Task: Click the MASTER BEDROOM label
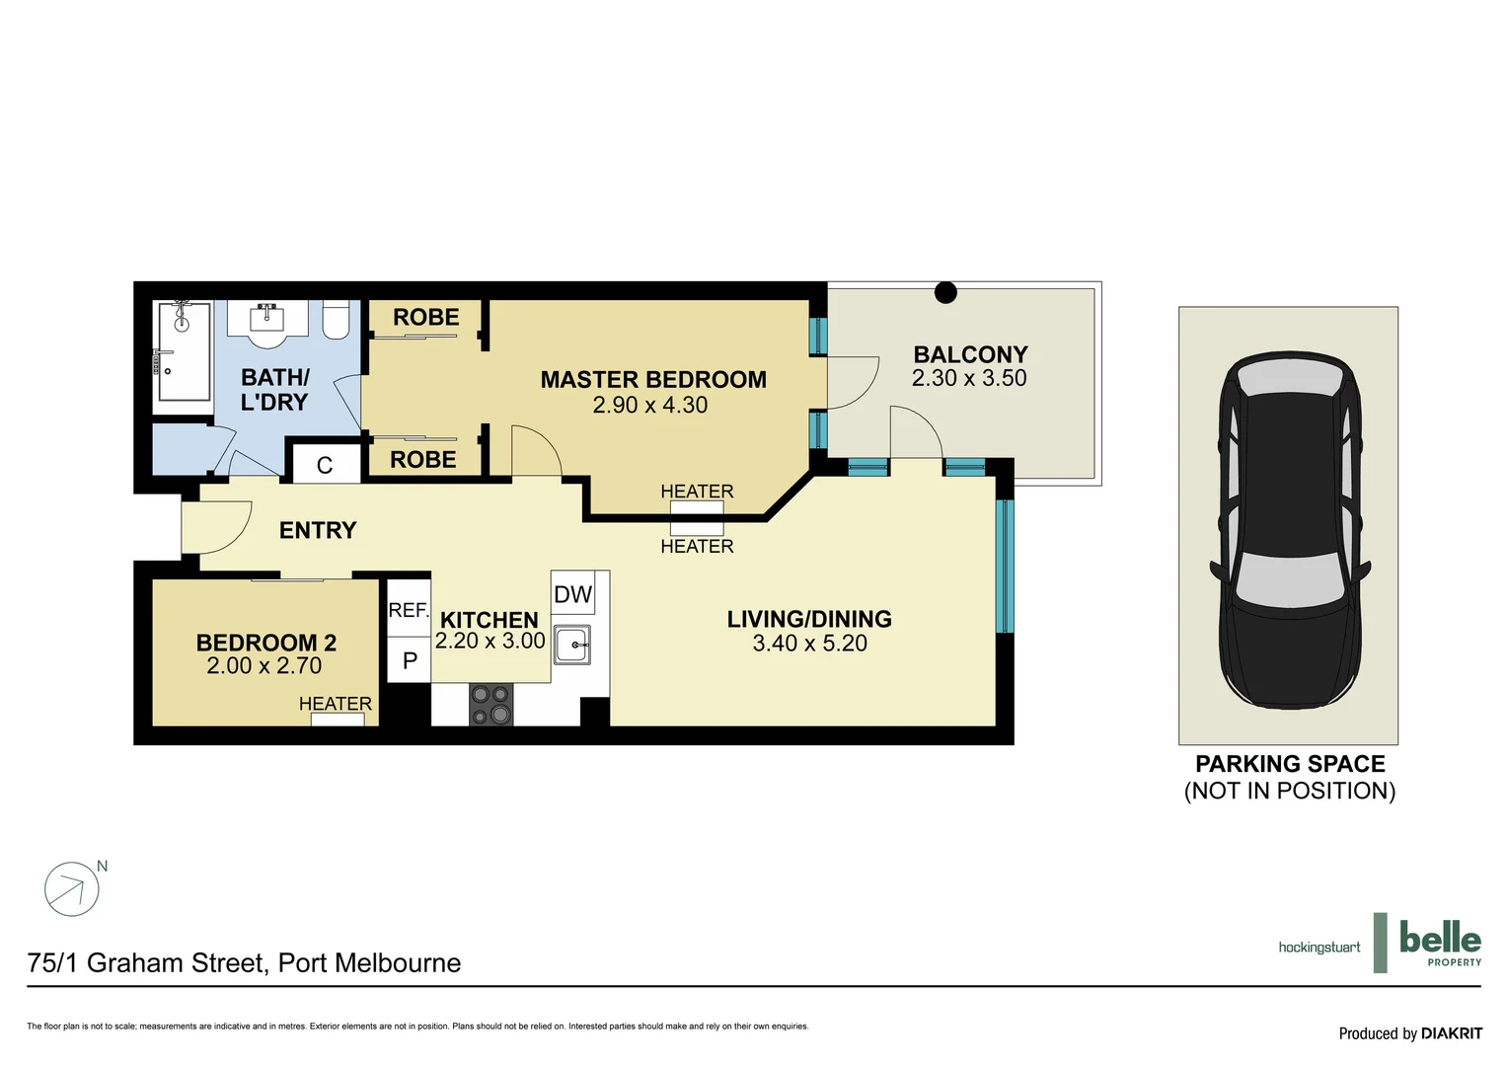coord(652,380)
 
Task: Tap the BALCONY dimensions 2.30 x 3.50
coord(968,378)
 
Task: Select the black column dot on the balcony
coord(945,292)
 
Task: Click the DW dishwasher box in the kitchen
coord(572,594)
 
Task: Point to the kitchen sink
coord(571,646)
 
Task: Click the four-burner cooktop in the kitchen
coord(490,705)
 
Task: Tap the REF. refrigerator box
coord(408,610)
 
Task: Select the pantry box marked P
coord(410,660)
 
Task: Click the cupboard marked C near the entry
coord(325,465)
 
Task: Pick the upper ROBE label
coord(425,318)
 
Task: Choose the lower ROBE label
coord(422,460)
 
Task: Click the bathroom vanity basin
coord(266,320)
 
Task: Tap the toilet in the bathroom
coord(336,320)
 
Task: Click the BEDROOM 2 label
coord(265,643)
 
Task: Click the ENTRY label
coord(317,531)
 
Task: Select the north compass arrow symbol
coord(72,889)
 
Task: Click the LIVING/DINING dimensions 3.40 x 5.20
coord(809,644)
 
